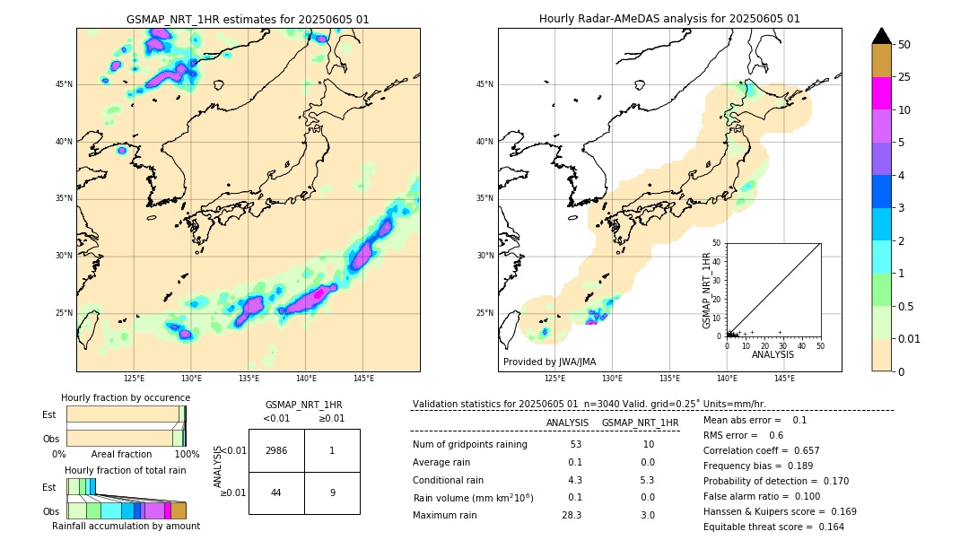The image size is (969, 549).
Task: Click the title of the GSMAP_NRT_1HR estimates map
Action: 248,19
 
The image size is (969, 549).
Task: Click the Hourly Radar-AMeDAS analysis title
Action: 669,19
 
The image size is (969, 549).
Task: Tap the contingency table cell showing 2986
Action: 276,450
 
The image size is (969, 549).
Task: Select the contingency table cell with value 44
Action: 276,492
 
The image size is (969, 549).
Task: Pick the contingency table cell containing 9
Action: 332,492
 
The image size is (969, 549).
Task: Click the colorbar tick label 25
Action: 904,77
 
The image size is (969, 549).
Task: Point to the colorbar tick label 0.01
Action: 910,338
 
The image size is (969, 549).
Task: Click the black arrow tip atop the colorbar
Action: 882,35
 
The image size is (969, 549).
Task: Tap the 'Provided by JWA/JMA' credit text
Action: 549,362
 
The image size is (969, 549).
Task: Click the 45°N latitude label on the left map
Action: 64,84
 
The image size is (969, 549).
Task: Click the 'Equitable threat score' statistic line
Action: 773,527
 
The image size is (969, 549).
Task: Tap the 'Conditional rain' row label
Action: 449,480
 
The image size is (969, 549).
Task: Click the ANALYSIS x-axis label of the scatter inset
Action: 773,354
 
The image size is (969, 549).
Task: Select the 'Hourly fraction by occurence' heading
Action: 126,397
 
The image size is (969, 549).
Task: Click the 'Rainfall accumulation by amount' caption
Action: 126,526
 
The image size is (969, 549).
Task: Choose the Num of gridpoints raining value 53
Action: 575,445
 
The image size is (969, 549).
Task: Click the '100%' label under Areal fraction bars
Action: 187,455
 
